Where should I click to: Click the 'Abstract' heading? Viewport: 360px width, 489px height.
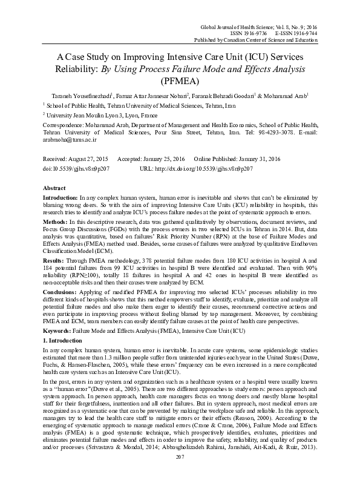(55, 188)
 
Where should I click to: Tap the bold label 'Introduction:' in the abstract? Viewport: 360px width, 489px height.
(60, 198)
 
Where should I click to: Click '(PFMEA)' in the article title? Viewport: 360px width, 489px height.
(180, 79)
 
